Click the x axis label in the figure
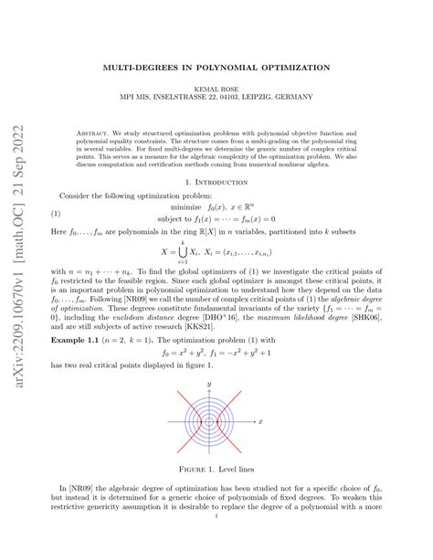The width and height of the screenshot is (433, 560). [x=261, y=421]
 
